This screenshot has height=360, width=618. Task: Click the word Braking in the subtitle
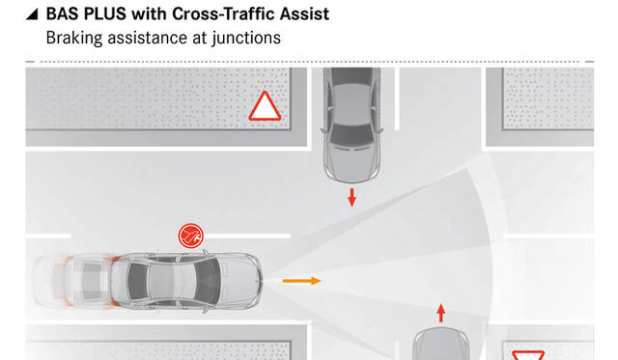pos(74,39)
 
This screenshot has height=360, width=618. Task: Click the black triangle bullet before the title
pos(32,14)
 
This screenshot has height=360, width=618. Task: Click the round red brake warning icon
pos(191,235)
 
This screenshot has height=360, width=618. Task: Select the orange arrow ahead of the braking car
pos(301,281)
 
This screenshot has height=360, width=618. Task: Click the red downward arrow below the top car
pos(351,197)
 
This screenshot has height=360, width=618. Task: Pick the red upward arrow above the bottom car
pos(441,313)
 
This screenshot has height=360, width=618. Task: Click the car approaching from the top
pos(351,125)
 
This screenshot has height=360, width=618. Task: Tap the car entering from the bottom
pos(440,344)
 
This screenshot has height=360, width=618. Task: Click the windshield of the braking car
pos(207,281)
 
